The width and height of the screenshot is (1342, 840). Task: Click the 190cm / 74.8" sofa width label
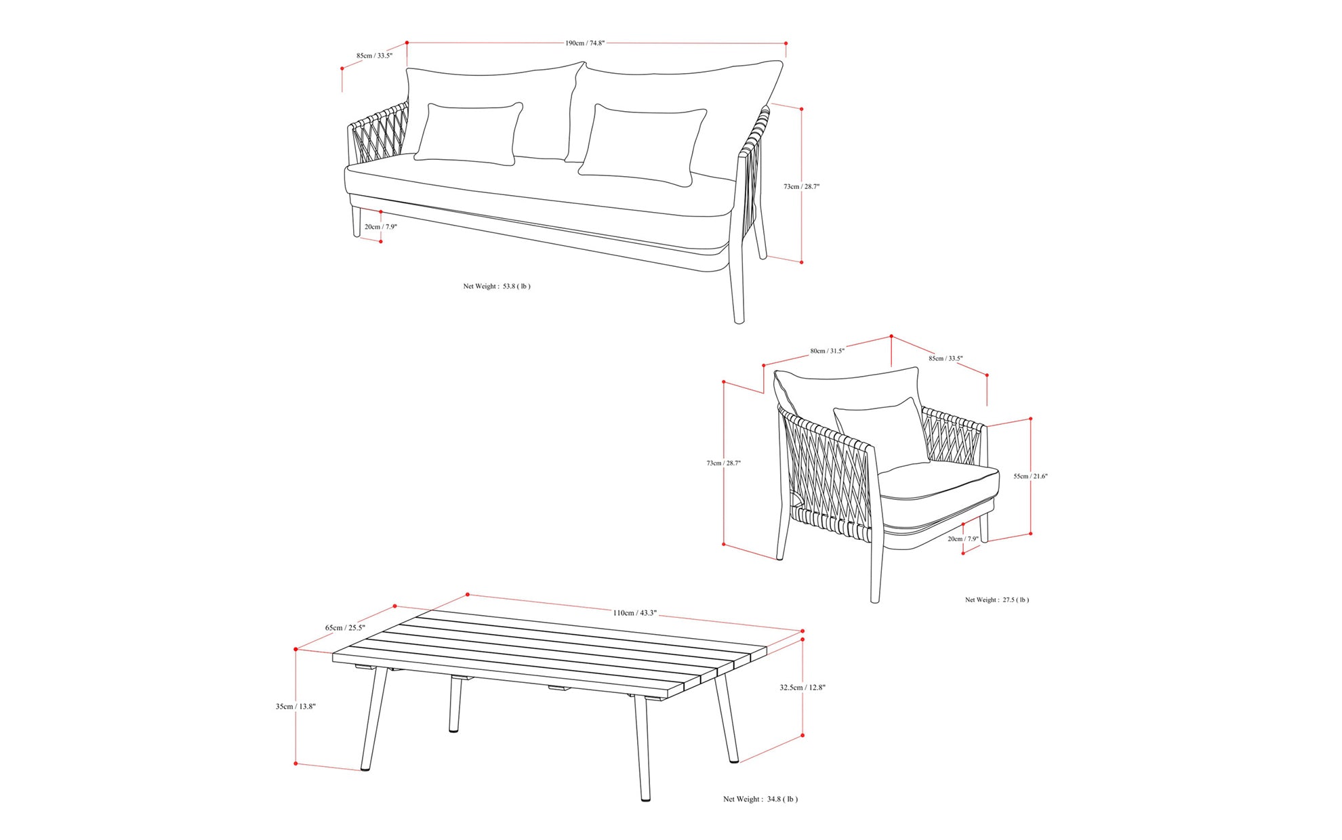coord(584,43)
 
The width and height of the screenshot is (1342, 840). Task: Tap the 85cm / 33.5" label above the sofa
coord(374,56)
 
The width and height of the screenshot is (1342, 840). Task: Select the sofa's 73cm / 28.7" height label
coord(801,186)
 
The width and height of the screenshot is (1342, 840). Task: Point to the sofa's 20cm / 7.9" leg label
coord(380,227)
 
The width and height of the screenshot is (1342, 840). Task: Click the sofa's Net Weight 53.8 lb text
coord(497,287)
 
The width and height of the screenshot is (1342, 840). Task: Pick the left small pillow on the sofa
coord(468,134)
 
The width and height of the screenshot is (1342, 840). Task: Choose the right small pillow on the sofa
coord(642,144)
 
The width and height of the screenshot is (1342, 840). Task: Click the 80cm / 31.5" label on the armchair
coord(827,351)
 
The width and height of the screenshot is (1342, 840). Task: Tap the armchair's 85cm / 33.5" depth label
coord(945,358)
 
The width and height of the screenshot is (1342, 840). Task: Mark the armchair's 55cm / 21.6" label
coord(1030,476)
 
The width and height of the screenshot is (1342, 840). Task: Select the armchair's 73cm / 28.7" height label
coord(723,463)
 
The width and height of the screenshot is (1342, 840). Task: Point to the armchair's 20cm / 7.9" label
coord(962,539)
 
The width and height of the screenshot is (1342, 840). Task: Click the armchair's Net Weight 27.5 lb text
coord(996,600)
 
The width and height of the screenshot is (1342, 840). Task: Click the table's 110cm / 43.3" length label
coord(634,613)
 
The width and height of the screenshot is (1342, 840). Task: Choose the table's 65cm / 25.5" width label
coord(345,628)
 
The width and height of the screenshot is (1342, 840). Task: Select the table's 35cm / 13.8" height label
coord(296,707)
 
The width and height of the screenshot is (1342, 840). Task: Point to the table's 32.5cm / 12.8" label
coord(802,688)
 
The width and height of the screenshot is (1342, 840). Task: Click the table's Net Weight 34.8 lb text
coord(760,799)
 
